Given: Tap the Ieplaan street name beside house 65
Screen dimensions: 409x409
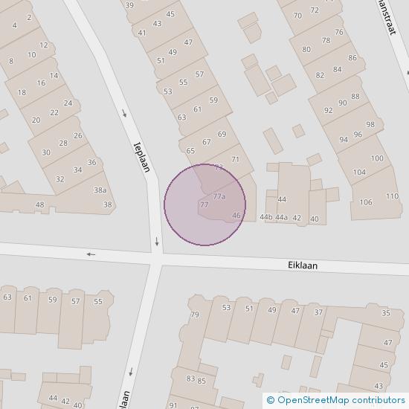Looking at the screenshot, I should coord(142,156).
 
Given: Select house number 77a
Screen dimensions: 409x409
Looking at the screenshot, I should coord(219,196).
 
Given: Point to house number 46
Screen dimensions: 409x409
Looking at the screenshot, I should coord(236,216).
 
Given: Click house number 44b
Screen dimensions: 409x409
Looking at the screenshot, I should coord(265,217).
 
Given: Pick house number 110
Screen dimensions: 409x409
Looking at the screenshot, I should coord(392,196).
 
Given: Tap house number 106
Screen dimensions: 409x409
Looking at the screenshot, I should coord(366,202).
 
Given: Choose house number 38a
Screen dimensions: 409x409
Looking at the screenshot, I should coord(100,190).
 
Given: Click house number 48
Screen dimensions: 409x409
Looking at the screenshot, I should coord(39,204).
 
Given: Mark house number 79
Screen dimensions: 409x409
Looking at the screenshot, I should coord(195,315).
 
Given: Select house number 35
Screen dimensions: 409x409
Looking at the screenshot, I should coord(386,313).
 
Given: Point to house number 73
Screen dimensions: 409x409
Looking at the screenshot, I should coord(219,167).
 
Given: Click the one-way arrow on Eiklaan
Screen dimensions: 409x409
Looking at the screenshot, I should coord(91,254).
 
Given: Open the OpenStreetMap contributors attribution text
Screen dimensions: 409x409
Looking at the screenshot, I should coord(334,400).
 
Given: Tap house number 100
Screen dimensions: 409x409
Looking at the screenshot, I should coord(377,158).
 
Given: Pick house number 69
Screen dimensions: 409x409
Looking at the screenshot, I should coord(222,134).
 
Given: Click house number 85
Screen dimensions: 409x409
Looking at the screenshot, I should coord(202,381).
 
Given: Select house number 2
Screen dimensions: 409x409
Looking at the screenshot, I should coord(29,17).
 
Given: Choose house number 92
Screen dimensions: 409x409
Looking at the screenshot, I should coord(328,111).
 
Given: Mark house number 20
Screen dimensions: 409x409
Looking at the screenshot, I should coord(36,120).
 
